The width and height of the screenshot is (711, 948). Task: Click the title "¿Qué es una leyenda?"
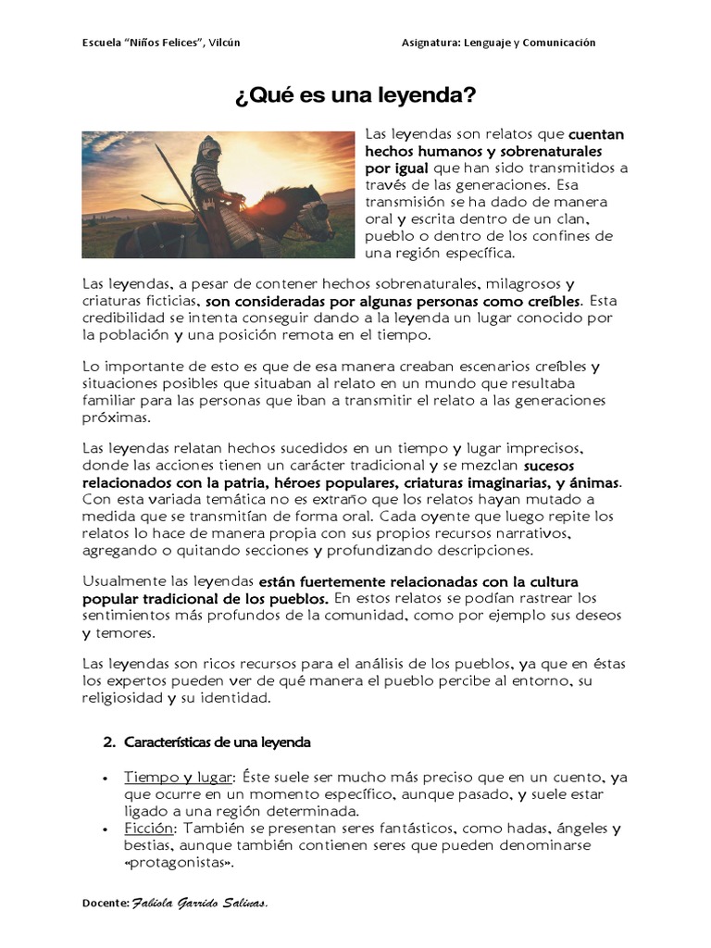pos(355,95)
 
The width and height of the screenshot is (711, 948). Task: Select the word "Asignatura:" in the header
pos(435,43)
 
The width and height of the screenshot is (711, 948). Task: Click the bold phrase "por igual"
pos(396,168)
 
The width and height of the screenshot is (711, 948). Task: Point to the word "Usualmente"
pos(124,582)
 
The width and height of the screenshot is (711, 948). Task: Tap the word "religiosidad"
pos(122,699)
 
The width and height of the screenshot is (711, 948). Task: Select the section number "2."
pos(107,742)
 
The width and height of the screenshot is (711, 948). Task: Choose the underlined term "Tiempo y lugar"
pos(180,777)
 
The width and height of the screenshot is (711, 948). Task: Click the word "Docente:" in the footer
pos(106,903)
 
